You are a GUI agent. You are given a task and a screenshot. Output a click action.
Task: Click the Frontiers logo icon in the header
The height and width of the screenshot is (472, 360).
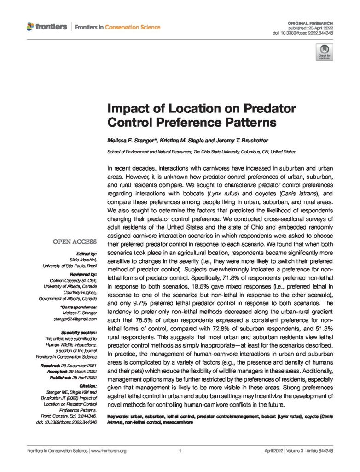click(30, 27)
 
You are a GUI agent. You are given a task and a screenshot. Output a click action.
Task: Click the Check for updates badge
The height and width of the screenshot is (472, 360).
click(323, 53)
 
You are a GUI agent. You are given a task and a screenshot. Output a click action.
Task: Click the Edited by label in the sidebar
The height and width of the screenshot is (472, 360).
click(87, 254)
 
